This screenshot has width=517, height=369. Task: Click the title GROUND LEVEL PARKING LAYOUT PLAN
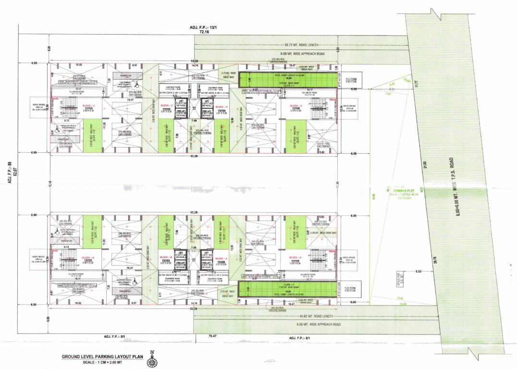(x=102, y=357)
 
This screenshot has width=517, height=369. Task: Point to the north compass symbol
(x=152, y=358)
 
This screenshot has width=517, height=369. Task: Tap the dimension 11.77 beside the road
(x=417, y=85)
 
